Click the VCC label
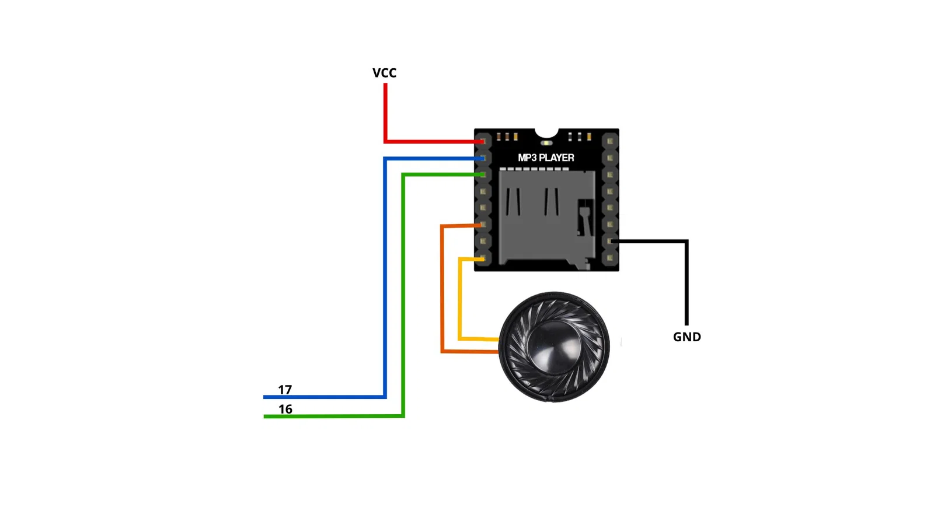(x=384, y=73)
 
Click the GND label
(x=686, y=337)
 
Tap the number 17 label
(x=285, y=389)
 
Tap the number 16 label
(x=285, y=409)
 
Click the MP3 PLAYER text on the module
(x=546, y=157)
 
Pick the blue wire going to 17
(x=385, y=280)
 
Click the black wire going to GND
(x=686, y=280)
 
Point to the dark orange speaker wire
(x=442, y=292)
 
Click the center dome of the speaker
(x=553, y=347)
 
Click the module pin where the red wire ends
(x=482, y=141)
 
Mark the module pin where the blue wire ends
(x=482, y=158)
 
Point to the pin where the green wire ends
(x=482, y=174)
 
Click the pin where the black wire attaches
(x=610, y=241)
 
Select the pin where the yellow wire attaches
(x=482, y=258)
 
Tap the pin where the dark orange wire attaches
(x=482, y=225)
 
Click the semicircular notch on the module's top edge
(x=546, y=132)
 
